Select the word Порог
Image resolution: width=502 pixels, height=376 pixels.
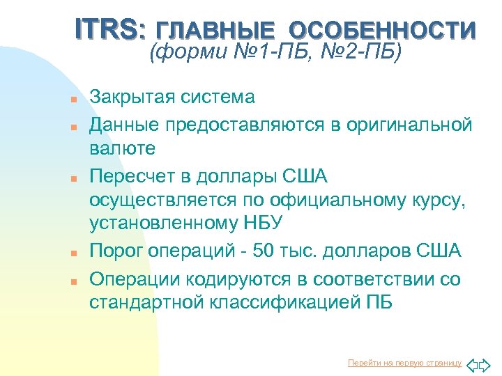[x=114, y=251]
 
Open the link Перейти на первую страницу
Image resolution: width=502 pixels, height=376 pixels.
[x=404, y=363]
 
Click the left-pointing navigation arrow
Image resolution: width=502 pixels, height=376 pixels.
[x=471, y=363]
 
